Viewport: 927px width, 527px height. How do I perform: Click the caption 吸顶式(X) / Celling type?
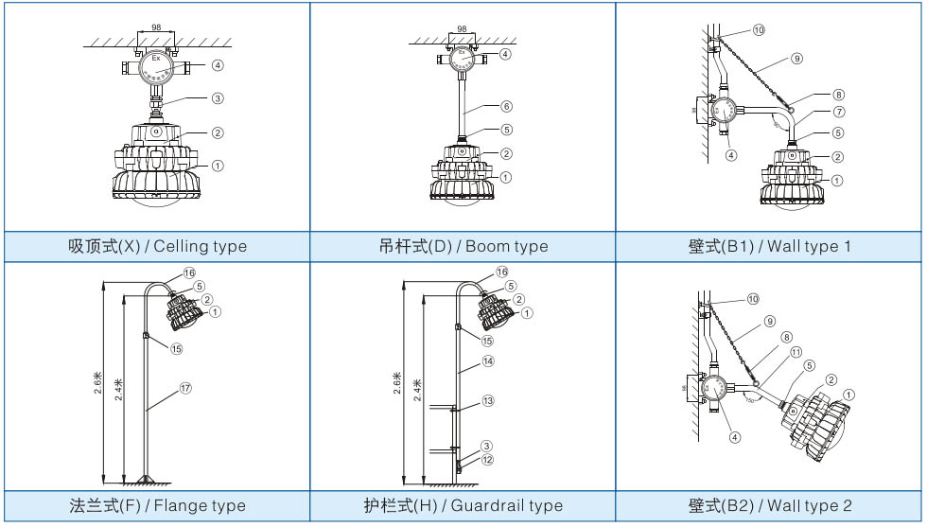pos(157,246)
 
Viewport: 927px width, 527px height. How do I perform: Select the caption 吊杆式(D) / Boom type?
pos(463,246)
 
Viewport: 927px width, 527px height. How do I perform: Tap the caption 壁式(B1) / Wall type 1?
pos(770,246)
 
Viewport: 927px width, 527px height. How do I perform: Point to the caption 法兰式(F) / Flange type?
pos(157,505)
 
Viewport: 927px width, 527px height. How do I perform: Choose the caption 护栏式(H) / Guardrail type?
pos(463,505)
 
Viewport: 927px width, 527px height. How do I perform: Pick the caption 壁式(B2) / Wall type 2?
pos(770,505)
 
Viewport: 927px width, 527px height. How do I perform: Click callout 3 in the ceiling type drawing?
pos(218,97)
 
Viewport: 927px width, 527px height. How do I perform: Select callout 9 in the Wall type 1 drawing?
pos(796,59)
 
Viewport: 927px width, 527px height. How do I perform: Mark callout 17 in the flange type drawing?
pos(185,388)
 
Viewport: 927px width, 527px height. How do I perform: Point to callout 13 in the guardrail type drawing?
pos(488,401)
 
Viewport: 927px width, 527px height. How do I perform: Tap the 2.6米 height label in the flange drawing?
pos(98,383)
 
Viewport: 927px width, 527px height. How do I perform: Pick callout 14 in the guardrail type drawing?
pos(488,361)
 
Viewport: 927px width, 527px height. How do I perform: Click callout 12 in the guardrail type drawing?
pos(488,460)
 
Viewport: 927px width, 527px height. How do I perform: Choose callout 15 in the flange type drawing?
pos(177,348)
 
